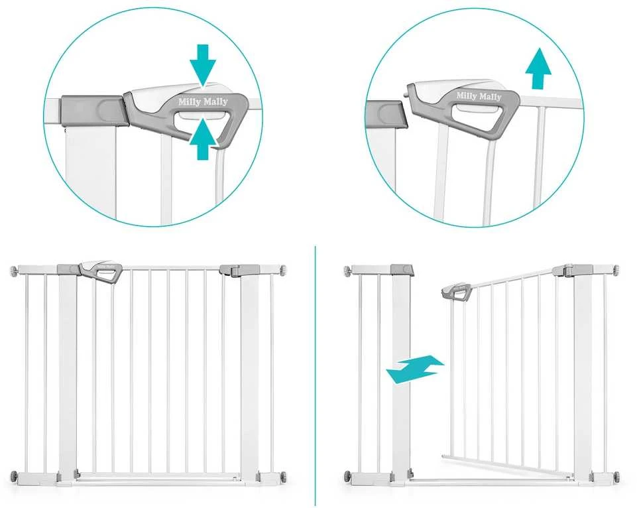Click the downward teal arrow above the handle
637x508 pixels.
(203, 65)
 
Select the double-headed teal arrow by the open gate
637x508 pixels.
(415, 369)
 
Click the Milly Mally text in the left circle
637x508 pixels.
(203, 101)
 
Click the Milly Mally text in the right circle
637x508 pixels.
(479, 96)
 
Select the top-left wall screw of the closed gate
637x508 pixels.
(13, 269)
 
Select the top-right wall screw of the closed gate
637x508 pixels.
(282, 269)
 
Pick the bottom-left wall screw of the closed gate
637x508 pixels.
(14, 475)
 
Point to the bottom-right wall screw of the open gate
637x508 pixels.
(616, 476)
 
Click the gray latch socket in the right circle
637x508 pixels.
(386, 114)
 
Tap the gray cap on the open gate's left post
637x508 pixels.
(402, 270)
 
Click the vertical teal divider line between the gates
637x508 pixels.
(316, 375)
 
